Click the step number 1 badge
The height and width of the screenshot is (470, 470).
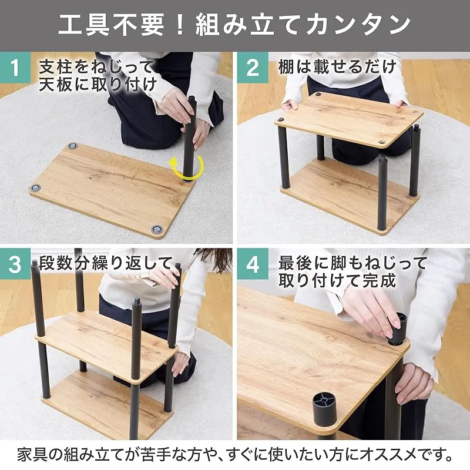[x=15, y=68]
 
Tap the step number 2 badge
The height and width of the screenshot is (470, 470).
[x=253, y=68]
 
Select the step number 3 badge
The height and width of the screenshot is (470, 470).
[x=15, y=264]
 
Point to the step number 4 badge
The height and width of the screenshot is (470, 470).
[x=253, y=264]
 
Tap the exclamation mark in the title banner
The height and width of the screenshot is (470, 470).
[x=180, y=25]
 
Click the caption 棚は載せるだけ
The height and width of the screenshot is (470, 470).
[x=337, y=66]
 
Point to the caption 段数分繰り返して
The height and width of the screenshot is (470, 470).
[x=106, y=263]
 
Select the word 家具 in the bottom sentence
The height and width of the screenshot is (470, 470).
[x=32, y=454]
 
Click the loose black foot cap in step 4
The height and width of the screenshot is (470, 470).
[x=325, y=406]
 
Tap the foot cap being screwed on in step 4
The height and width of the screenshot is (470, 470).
[x=398, y=329]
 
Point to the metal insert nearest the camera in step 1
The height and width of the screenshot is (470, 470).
[x=156, y=229]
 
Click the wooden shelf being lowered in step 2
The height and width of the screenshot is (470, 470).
[x=350, y=119]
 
